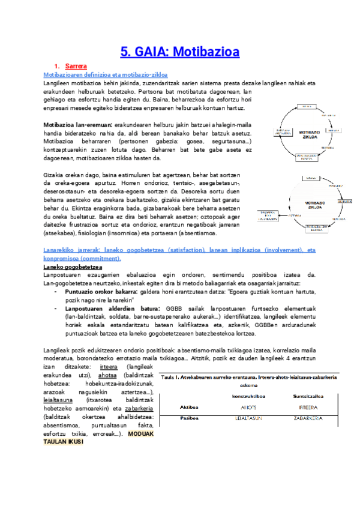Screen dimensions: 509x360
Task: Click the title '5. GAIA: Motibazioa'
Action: click(x=180, y=52)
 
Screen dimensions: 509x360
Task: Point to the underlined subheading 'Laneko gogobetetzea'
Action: click(x=72, y=267)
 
